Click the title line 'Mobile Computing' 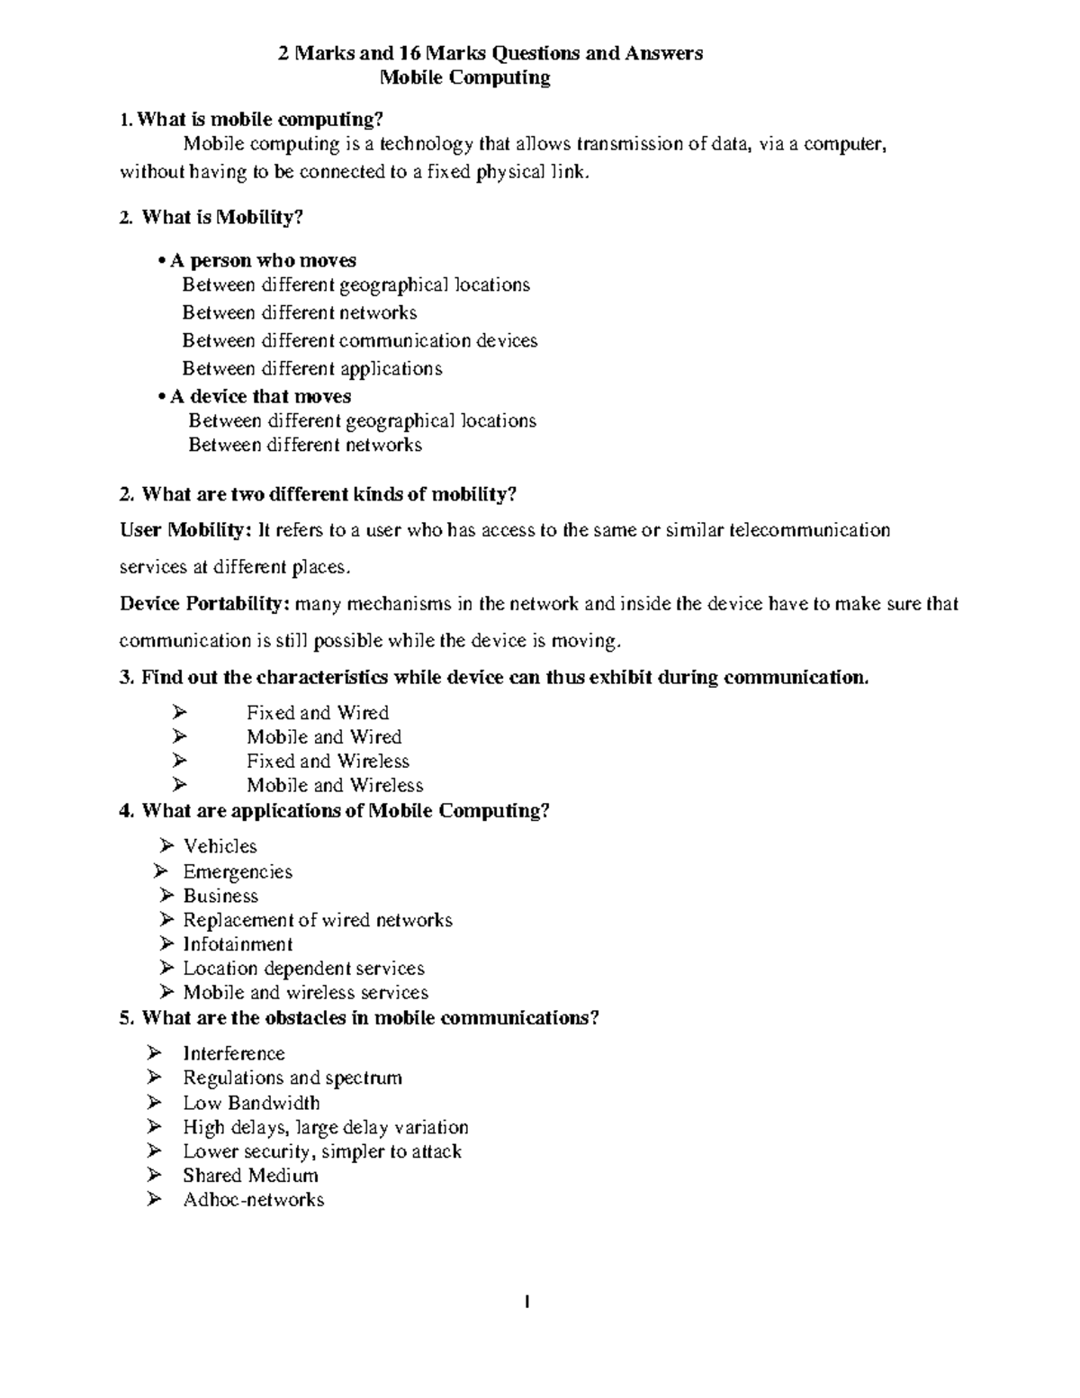point(464,77)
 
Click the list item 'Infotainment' point(238,944)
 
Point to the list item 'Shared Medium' point(250,1176)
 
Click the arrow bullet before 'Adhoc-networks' point(155,1200)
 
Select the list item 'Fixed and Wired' point(318,713)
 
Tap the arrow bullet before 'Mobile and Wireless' point(178,786)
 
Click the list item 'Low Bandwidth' point(251,1104)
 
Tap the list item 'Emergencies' point(238,872)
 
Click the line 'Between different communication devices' point(360,341)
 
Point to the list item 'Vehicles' point(220,846)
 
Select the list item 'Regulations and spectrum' point(292,1078)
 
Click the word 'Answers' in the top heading point(668,53)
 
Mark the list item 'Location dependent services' point(303,969)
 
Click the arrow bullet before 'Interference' point(155,1054)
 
